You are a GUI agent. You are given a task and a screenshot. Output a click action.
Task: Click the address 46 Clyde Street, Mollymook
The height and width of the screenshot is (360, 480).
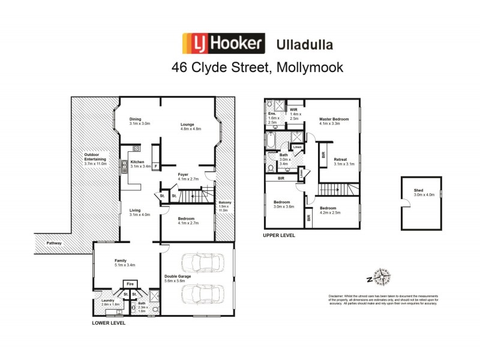tap(257, 68)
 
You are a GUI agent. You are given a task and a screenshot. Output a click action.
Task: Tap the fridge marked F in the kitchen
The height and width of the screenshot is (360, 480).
tap(156, 166)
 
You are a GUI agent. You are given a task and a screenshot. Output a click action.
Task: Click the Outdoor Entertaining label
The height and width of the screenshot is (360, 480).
tap(94, 160)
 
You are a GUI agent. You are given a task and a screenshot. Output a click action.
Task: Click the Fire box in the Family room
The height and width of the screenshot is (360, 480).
tap(130, 284)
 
